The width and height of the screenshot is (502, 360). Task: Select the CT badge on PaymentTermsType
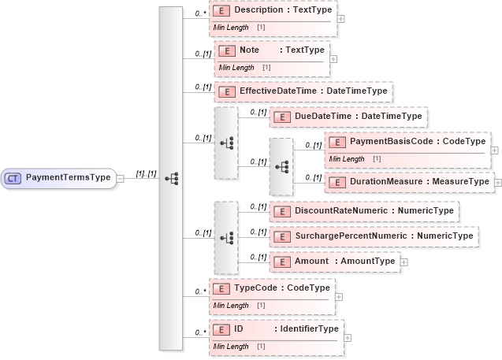point(13,178)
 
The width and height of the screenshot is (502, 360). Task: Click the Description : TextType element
point(272,11)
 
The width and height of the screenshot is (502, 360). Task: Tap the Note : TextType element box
point(272,50)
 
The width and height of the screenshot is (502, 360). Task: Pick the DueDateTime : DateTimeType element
point(348,117)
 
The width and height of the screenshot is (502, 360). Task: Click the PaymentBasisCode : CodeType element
point(407,142)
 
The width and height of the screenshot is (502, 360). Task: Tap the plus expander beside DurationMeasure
point(497,182)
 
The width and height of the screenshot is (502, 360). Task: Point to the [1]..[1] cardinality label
point(146,173)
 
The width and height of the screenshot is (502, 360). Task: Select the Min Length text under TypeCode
point(231,306)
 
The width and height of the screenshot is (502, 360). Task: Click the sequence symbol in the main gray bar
point(171,179)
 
